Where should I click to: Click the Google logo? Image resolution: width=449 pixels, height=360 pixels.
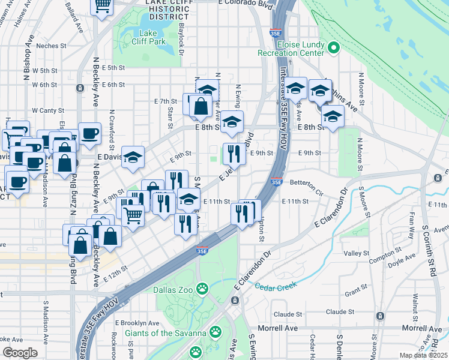[x=20, y=353]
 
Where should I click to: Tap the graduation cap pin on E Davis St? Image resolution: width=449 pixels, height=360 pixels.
[x=133, y=157]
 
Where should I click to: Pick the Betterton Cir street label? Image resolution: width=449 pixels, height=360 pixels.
[x=306, y=183]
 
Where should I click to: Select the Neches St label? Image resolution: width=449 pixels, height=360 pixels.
[x=50, y=46]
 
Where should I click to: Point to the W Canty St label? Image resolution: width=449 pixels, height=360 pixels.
[x=47, y=110]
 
